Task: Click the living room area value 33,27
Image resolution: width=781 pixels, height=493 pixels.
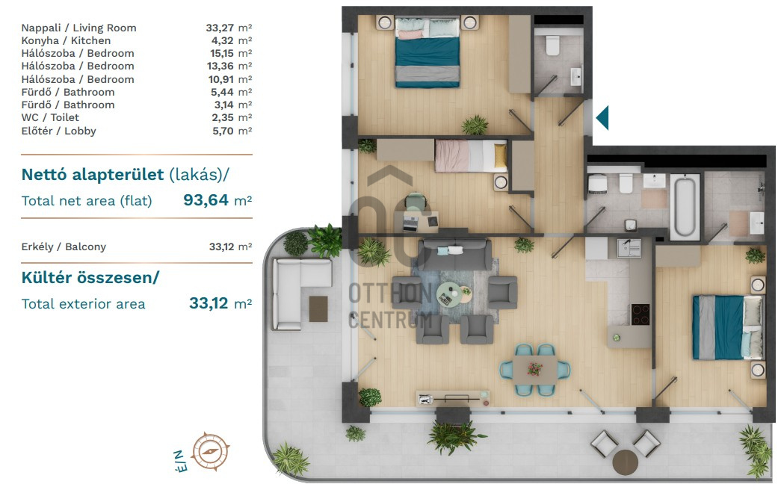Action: tap(220, 28)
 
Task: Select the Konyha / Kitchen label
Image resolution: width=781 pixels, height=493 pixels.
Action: tap(66, 40)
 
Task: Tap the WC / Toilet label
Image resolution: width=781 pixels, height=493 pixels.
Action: tap(50, 117)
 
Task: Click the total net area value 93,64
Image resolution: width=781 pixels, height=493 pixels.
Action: tap(206, 199)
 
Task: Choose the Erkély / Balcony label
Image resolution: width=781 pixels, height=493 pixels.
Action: tap(64, 246)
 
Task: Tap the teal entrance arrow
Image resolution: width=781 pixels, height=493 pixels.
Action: tap(602, 118)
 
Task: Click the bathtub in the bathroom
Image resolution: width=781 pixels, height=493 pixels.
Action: tap(685, 206)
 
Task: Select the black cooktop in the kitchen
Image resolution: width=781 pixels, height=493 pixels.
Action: tap(640, 314)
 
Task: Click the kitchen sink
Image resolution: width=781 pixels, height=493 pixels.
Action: tap(629, 247)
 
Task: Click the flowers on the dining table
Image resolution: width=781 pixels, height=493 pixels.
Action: tap(535, 369)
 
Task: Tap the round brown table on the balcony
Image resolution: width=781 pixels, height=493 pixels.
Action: tap(625, 462)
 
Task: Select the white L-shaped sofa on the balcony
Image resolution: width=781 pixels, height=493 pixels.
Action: tap(294, 294)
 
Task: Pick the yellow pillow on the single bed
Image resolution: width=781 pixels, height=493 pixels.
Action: tap(500, 155)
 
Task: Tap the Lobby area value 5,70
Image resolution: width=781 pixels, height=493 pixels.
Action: tap(223, 131)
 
